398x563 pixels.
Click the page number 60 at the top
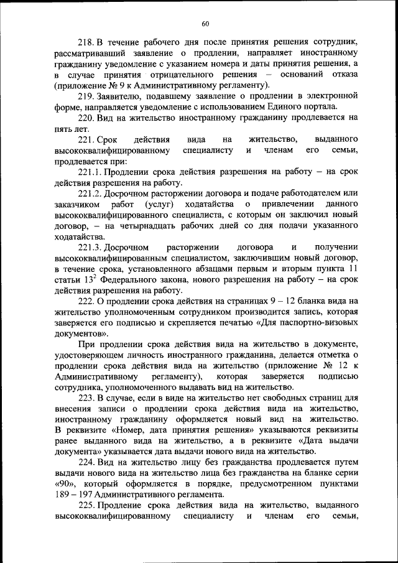tap(205, 24)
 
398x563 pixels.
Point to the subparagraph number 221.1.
tap(90, 172)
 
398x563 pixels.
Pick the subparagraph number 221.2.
tap(90, 193)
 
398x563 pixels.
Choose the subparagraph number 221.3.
tap(90, 248)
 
